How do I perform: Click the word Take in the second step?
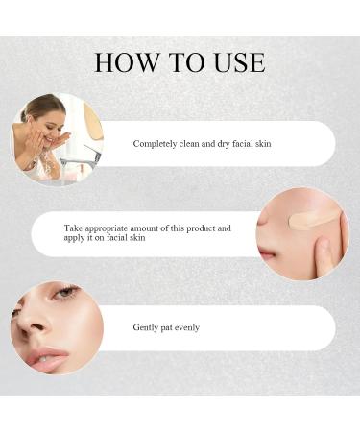pos(73,228)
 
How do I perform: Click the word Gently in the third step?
pos(145,328)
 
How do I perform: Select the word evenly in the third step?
pos(184,328)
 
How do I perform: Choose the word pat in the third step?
pos(166,328)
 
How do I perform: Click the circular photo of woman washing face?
pos(57,138)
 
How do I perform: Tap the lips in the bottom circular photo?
pos(45,357)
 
